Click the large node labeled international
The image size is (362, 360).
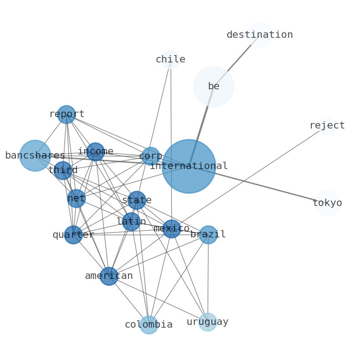[x=189, y=166]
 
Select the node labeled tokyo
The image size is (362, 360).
[x=327, y=203]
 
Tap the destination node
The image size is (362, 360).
[x=259, y=35]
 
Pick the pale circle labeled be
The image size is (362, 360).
[x=213, y=87]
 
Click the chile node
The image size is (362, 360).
[x=171, y=60]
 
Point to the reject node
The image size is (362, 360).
[x=327, y=126]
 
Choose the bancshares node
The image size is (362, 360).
[x=35, y=156]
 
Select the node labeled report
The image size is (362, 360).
[x=67, y=114]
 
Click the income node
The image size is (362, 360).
[x=95, y=152]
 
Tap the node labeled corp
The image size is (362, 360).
[x=150, y=156]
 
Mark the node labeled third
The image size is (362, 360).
[x=63, y=170]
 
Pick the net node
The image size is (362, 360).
[x=76, y=198]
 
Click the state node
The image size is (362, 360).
[x=137, y=200]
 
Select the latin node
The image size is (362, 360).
[x=131, y=221]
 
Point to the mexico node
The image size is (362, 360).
[x=171, y=229]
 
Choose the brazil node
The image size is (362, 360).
[x=208, y=235]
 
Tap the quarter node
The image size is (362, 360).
[x=73, y=235]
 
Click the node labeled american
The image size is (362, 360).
[x=109, y=276]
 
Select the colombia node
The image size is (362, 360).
[x=149, y=325]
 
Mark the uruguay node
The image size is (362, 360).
[x=207, y=322]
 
